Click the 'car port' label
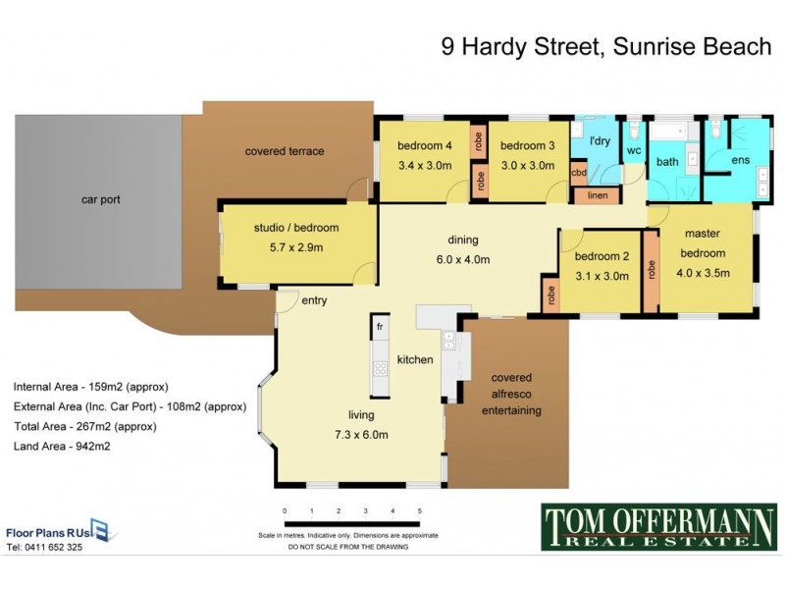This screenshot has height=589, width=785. [x=100, y=199]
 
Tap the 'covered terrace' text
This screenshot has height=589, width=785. [x=285, y=151]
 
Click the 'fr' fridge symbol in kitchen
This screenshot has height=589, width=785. [x=379, y=324]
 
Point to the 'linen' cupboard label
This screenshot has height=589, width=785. [x=598, y=195]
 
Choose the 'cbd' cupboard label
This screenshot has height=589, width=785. [x=579, y=174]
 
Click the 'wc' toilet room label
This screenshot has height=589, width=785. [x=633, y=150]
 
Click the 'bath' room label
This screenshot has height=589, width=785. [x=667, y=162]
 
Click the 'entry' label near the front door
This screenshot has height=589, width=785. [x=315, y=300]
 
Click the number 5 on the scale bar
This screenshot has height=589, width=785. [x=419, y=511]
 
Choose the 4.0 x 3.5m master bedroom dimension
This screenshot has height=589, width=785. [x=703, y=274]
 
